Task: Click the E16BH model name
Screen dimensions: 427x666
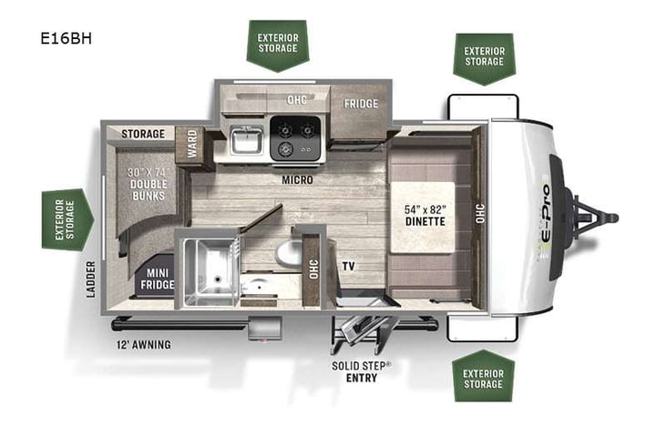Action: coord(66,39)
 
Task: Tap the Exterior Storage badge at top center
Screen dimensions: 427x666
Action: coord(277,44)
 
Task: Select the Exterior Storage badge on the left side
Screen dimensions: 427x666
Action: coord(67,219)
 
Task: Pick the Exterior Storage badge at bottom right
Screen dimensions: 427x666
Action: coord(483,377)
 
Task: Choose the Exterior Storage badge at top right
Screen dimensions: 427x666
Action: coord(483,56)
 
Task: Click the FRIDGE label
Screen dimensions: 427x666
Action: coord(360,104)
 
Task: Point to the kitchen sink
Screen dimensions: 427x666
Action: coord(243,142)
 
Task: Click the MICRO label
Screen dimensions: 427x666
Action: coord(297,180)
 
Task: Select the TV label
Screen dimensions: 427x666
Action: coord(349,267)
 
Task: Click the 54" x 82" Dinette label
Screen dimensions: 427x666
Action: coord(425,215)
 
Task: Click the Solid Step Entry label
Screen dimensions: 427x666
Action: coord(362,371)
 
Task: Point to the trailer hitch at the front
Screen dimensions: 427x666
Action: coord(592,219)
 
